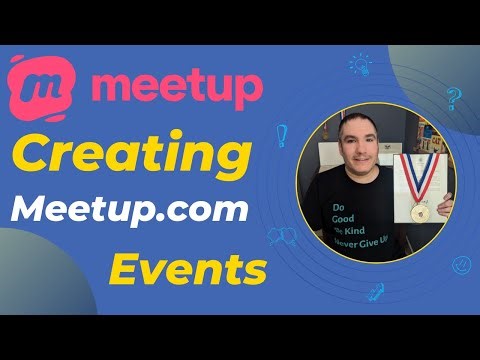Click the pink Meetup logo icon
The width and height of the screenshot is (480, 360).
39,85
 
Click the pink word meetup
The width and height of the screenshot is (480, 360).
176,85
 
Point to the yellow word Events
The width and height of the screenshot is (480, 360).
188,268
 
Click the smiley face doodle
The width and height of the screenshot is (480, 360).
461,265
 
